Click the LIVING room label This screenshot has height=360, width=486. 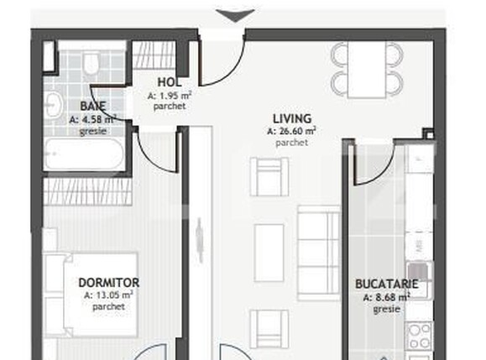click(291, 118)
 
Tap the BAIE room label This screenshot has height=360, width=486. click(92, 107)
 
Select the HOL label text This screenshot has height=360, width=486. click(167, 82)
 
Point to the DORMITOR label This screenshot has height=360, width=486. click(108, 283)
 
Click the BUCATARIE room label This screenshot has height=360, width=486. click(386, 284)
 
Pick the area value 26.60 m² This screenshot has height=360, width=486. click(291, 131)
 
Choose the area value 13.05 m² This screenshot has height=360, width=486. click(108, 295)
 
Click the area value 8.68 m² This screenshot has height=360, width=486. click(386, 297)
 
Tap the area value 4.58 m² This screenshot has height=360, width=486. click(92, 119)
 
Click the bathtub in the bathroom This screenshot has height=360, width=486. click(84, 156)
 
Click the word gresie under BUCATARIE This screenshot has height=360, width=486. click(386, 308)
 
